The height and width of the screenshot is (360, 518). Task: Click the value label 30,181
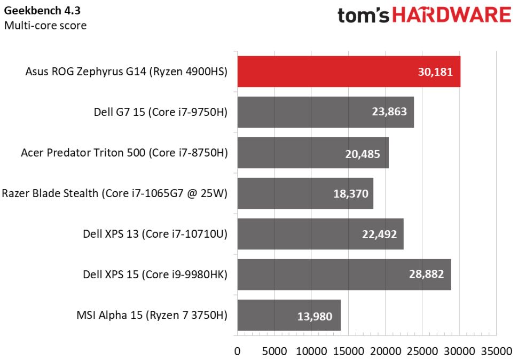pyautogui.click(x=435, y=72)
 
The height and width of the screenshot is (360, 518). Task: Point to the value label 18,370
pyautogui.click(x=351, y=193)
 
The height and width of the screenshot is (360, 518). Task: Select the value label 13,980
pyautogui.click(x=315, y=316)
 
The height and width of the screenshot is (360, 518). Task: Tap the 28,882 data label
pyautogui.click(x=427, y=275)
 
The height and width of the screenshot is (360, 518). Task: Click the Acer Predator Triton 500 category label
pyautogui.click(x=124, y=153)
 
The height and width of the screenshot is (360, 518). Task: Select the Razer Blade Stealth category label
pyautogui.click(x=115, y=193)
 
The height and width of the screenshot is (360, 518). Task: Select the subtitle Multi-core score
pyautogui.click(x=45, y=25)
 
